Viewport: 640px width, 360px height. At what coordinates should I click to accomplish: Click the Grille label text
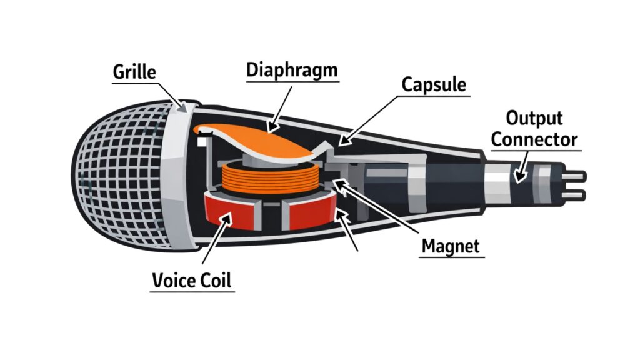134,72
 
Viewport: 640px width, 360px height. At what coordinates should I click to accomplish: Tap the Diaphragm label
292,69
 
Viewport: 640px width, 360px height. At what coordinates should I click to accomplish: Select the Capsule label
434,84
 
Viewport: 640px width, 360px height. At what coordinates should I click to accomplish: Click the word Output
534,118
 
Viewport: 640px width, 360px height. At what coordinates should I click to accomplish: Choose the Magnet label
451,246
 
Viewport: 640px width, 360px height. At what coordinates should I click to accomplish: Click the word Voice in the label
171,281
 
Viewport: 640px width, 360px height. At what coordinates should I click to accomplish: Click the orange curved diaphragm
262,141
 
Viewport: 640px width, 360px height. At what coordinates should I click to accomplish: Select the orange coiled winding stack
266,177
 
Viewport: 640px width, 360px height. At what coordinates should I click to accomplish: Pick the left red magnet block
229,212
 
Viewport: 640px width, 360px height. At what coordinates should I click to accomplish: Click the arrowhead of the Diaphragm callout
271,131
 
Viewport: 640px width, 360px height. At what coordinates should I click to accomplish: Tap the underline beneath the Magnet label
451,257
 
